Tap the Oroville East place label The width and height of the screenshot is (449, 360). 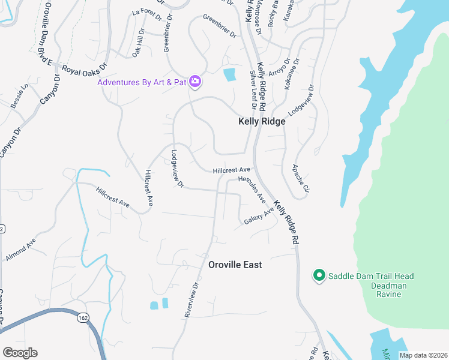(x=235, y=265)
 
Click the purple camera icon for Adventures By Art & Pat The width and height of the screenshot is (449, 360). (x=194, y=82)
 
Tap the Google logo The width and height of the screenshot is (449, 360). (x=20, y=353)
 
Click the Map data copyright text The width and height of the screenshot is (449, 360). (x=423, y=355)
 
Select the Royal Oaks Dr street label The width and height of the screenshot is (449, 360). (x=84, y=68)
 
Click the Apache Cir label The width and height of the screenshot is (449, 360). (x=300, y=178)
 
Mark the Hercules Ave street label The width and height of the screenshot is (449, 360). (x=252, y=188)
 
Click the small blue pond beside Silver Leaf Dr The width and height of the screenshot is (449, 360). (x=229, y=75)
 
